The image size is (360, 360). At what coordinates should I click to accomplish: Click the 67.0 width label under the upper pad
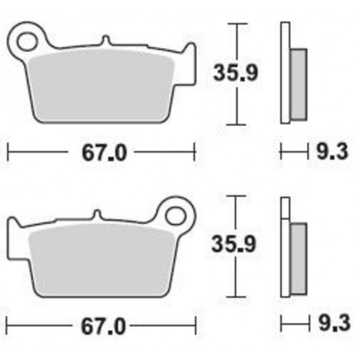tap(104, 152)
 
